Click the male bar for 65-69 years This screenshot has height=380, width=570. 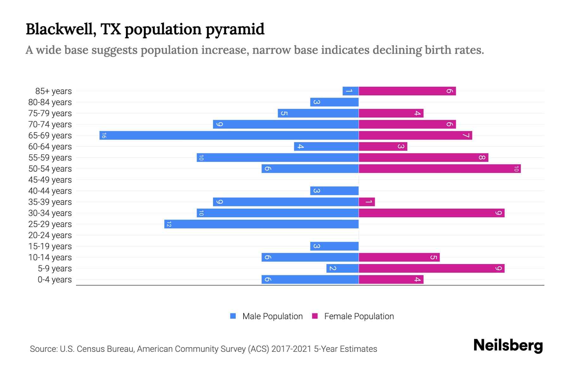click(229, 136)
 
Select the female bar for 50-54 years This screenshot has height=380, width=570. click(440, 169)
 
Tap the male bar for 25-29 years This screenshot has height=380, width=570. click(261, 224)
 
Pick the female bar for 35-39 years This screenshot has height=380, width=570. click(367, 202)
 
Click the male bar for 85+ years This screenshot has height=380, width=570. click(351, 91)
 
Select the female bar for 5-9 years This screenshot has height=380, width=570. click(431, 269)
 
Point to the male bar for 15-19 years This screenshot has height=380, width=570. click(334, 246)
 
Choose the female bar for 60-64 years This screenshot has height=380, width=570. click(383, 147)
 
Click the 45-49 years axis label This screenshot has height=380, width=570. click(50, 180)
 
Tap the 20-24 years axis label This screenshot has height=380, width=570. click(50, 235)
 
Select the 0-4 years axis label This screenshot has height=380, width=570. click(54, 280)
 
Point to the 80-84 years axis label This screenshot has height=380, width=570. click(50, 102)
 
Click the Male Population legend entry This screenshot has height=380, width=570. click(272, 316)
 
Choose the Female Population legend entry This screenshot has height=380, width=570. click(359, 316)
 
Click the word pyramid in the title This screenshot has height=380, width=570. click(235, 29)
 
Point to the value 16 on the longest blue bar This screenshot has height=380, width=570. click(104, 136)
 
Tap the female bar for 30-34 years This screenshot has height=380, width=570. click(431, 213)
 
